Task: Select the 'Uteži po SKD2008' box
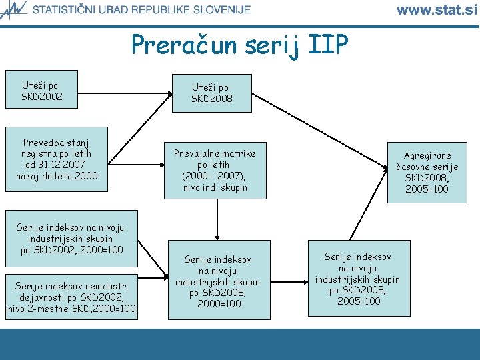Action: coord(210,93)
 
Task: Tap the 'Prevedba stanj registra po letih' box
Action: coord(57,159)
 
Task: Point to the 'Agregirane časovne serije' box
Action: coord(427,172)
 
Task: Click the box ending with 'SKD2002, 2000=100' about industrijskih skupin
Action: coord(71,239)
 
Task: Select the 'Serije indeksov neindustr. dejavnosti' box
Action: coord(71,297)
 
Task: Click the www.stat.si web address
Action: coord(437,9)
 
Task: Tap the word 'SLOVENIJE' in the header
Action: coord(218,9)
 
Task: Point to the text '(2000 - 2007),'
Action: coord(215,176)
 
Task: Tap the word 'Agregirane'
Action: coord(427,155)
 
